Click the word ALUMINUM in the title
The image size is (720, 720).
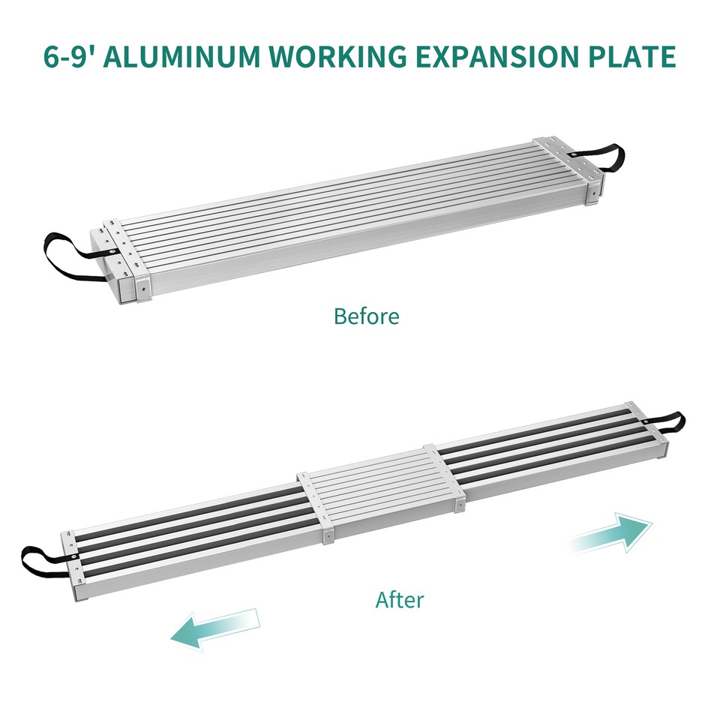coord(177,57)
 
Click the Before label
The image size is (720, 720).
coord(366,316)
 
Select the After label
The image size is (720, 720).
coord(399,600)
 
